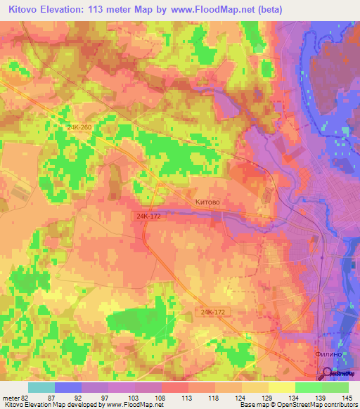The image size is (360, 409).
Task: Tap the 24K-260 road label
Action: click(x=80, y=126)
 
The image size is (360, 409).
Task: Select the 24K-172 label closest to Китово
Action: click(x=143, y=218)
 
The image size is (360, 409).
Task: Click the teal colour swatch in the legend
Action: click(x=41, y=387)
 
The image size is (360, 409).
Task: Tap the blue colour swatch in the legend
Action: click(x=67, y=387)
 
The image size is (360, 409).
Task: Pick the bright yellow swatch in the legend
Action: click(x=281, y=387)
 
